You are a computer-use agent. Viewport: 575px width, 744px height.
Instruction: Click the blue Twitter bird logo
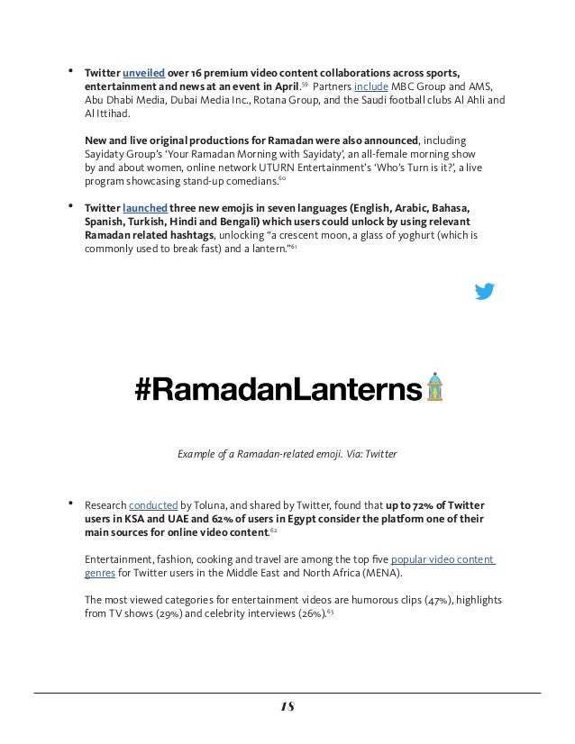click(x=484, y=291)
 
